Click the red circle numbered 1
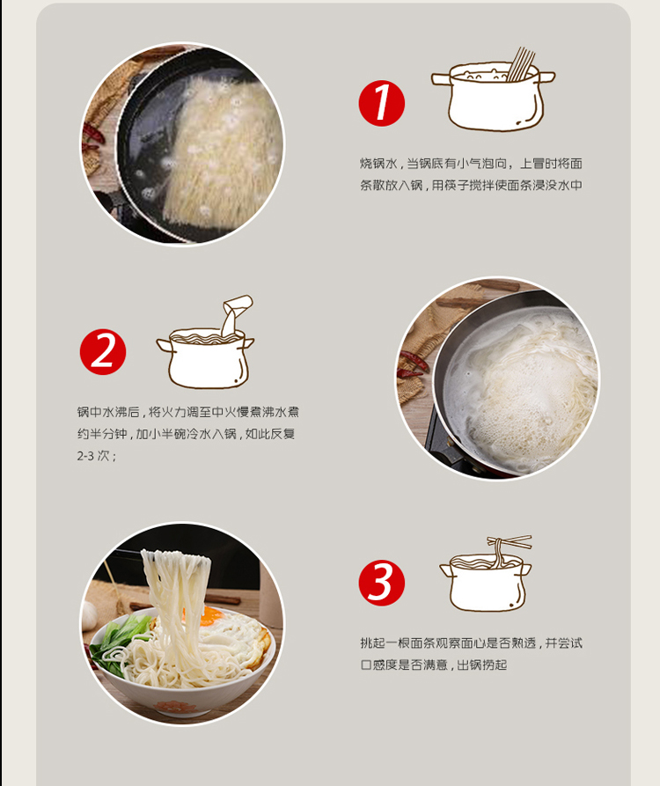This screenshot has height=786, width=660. [381, 103]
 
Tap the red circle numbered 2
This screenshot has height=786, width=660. [103, 352]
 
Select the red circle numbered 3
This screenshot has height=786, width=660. [381, 583]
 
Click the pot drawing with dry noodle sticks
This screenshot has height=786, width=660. [493, 91]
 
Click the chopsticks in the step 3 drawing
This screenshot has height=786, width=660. [510, 541]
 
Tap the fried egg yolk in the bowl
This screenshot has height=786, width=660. [210, 615]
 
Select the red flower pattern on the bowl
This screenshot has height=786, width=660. [175, 708]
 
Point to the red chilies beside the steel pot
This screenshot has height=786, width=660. [412, 364]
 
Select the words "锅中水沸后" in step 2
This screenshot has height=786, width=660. [108, 412]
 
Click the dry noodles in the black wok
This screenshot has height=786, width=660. [221, 151]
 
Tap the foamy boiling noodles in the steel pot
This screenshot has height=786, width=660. [532, 396]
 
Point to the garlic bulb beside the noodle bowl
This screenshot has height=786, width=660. [89, 615]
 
